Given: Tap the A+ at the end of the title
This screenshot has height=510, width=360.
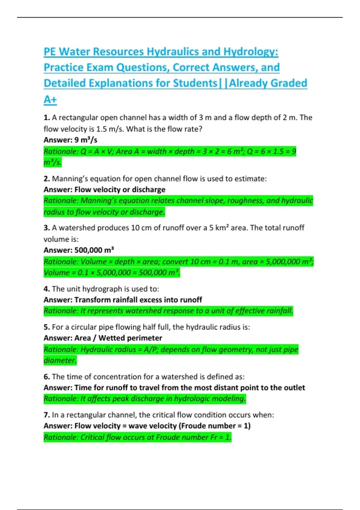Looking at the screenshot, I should (50, 99).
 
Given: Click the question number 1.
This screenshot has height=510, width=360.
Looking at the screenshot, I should (46, 118).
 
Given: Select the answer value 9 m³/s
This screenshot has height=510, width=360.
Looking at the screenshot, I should (86, 140).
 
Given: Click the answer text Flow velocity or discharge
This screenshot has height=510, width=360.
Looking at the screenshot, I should (120, 190).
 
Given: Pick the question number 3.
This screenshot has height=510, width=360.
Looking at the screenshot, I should (46, 228).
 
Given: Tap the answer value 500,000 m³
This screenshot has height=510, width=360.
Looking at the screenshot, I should (94, 250).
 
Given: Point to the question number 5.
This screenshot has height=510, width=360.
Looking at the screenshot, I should (46, 327).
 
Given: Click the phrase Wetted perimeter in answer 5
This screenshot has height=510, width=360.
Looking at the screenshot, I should (130, 338).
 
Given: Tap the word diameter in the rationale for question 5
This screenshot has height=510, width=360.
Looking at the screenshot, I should (60, 360).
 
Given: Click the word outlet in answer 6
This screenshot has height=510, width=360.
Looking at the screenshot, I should (294, 388).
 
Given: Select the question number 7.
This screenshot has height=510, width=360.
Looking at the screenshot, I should (46, 415).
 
